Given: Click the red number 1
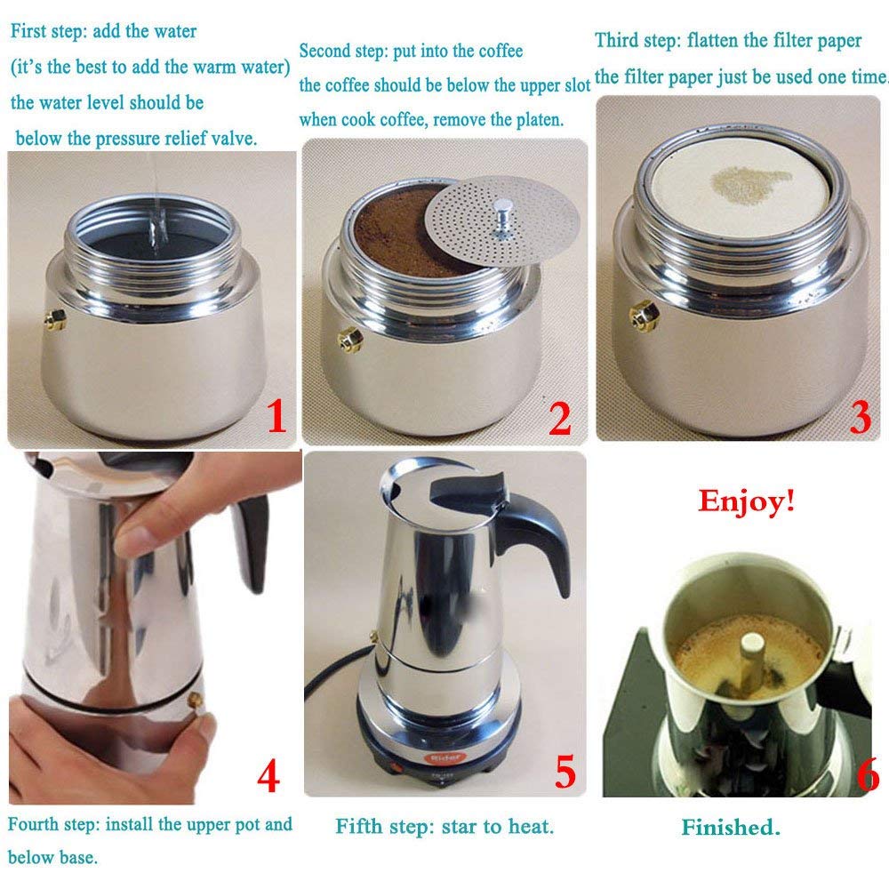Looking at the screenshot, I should point(276,417).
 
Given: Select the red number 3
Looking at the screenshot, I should point(860,417).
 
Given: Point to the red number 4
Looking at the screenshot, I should point(268,775).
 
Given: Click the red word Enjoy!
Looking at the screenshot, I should point(746,501).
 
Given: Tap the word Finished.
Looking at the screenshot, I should point(731,828).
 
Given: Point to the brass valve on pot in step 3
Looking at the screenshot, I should point(644,313).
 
